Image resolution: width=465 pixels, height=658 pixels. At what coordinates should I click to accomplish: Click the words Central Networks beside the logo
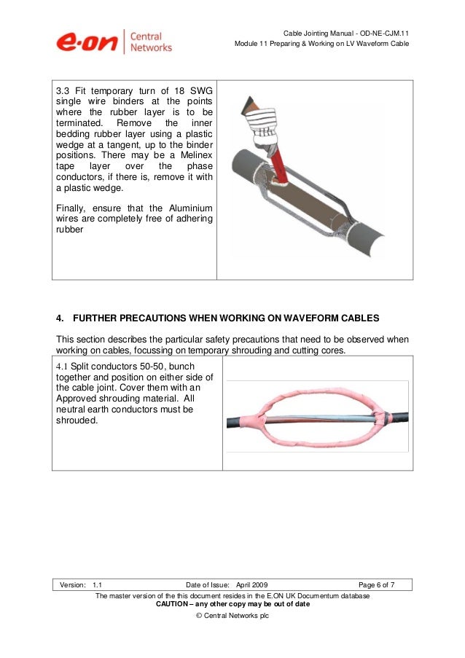[x=151, y=42]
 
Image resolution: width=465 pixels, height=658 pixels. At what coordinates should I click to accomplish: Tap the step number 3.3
[x=64, y=90]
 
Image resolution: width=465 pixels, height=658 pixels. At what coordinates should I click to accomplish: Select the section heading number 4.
[x=60, y=318]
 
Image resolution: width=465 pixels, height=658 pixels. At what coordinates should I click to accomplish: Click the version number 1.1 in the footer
[x=98, y=584]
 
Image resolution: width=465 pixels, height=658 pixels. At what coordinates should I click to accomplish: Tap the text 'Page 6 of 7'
[x=377, y=584]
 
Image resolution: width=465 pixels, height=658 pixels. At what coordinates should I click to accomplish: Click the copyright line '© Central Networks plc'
[x=232, y=617]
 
